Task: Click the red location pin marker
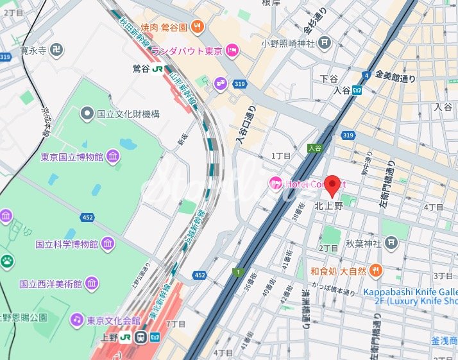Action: point(332,185)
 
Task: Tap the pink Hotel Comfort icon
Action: point(276,184)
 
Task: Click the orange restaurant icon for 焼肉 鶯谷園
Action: point(199,27)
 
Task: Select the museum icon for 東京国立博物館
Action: point(113,157)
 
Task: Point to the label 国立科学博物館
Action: point(66,244)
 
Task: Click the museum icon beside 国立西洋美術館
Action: point(92,283)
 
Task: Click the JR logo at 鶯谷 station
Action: point(156,67)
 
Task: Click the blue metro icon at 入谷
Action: point(364,90)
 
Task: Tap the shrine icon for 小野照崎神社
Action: point(325,44)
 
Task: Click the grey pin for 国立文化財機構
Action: point(87,114)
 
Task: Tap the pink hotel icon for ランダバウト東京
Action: point(232,51)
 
